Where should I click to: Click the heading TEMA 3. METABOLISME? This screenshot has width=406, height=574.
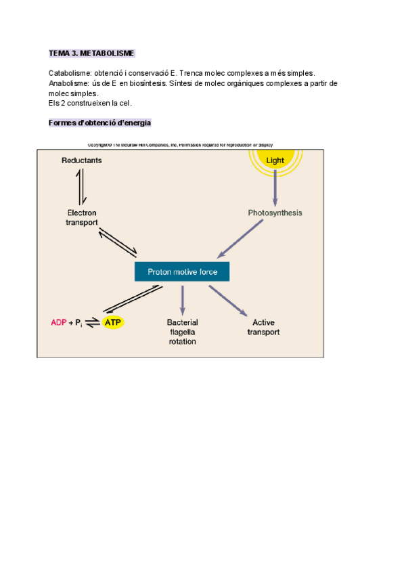pos(91,53)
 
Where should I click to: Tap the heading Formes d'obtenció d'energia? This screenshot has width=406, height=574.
pos(99,123)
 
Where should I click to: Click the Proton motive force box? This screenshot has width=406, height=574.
pos(181,272)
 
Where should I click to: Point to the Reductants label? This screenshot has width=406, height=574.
pos(81,160)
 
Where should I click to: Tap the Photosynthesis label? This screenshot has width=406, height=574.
pos(275,213)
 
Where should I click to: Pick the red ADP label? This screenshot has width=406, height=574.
pos(59,323)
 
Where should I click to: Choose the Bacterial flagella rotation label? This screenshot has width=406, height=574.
pos(182,332)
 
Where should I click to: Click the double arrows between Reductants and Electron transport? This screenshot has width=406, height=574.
pos(81,187)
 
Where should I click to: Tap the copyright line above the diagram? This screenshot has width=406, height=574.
pos(180,144)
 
